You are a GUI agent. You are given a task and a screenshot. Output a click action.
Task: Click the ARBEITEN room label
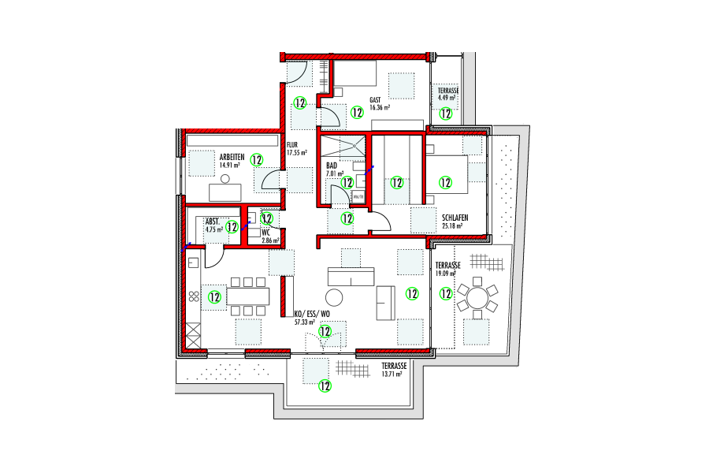232,157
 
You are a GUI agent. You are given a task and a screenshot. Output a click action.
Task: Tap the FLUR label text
291,145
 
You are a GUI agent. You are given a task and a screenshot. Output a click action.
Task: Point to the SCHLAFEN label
456,218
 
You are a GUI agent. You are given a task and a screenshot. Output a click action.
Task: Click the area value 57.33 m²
303,322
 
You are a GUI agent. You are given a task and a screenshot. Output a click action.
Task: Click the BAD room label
332,166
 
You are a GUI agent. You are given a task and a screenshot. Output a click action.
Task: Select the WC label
266,233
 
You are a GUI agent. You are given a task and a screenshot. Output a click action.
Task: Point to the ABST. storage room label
213,222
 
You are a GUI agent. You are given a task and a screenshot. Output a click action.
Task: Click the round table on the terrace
478,299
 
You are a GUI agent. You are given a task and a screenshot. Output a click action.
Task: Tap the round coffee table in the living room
335,297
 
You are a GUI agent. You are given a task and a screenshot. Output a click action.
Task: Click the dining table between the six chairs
248,296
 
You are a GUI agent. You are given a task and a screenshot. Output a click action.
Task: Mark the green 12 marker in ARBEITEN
256,159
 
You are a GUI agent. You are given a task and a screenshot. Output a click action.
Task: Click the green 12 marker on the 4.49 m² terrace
446,114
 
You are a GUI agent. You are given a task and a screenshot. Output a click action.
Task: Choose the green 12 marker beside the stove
214,297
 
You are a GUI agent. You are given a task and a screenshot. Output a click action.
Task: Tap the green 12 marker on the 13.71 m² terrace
324,385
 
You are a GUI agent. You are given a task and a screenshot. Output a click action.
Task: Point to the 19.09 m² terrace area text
446,274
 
